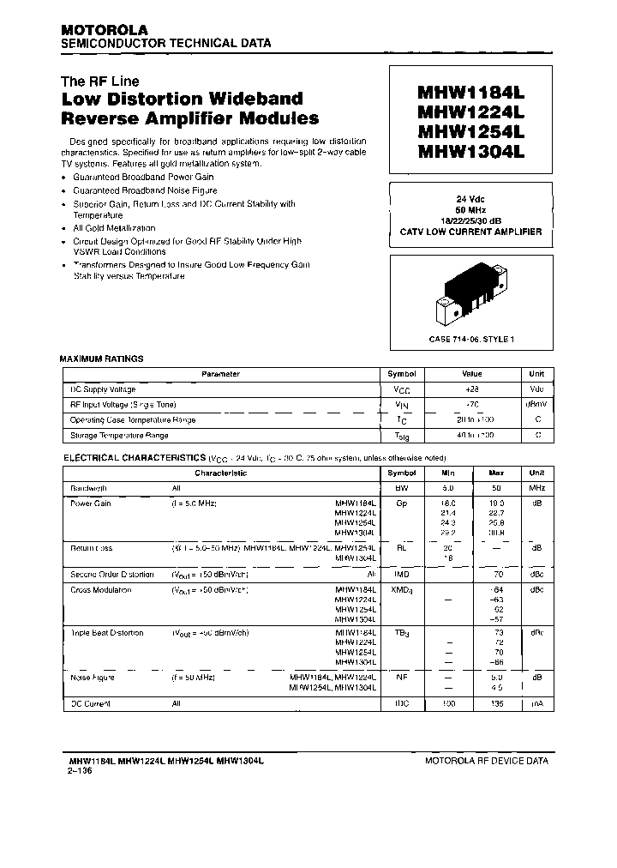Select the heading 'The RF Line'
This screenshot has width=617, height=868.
coord(99,81)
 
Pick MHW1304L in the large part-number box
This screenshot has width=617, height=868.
coord(470,151)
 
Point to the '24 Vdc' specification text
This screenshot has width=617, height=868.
coord(470,199)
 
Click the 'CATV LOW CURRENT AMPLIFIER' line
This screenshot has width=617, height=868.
coord(470,232)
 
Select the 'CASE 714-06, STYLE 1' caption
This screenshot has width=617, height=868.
coord(470,340)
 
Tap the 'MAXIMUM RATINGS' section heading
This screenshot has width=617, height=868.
coord(101,359)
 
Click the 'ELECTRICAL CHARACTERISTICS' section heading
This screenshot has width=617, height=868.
coord(132,458)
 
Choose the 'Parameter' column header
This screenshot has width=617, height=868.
coord(220,374)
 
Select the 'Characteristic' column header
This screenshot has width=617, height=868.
coord(220,473)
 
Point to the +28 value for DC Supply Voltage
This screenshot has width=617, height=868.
coord(472,389)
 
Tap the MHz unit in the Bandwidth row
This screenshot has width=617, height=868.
coord(536,487)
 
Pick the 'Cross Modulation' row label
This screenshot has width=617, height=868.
coord(101,590)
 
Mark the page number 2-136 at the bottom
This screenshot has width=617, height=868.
coord(80,770)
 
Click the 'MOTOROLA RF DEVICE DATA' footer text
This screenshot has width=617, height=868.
coord(486,761)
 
